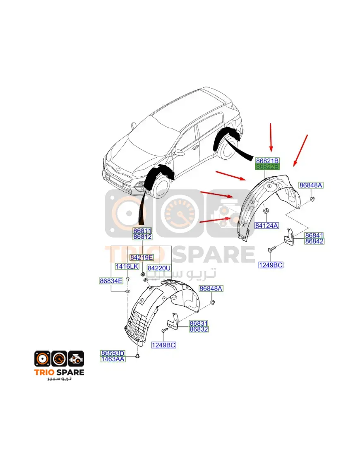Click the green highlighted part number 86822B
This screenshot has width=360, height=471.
pos(267,167)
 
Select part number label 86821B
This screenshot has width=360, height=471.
pos(267,161)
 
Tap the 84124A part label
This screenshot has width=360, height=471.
pos(266,226)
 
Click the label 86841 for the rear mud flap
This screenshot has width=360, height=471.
pos(314,235)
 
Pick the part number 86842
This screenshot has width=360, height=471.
pos(314,241)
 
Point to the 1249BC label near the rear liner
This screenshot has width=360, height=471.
pos(271,265)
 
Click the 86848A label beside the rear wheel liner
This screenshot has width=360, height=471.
pos(311,185)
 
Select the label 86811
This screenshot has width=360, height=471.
pos(142,231)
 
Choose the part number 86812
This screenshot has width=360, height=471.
pos(142,237)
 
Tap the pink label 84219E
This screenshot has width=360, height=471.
pos(142,257)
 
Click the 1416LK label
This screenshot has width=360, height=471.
pos(127,267)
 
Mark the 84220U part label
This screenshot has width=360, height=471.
pos(159,268)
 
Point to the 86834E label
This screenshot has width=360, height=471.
pos(111,281)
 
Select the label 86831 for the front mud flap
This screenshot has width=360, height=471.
pos(199,324)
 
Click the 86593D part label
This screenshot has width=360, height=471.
pos(113,353)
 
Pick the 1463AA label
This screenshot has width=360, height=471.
pos(113,359)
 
